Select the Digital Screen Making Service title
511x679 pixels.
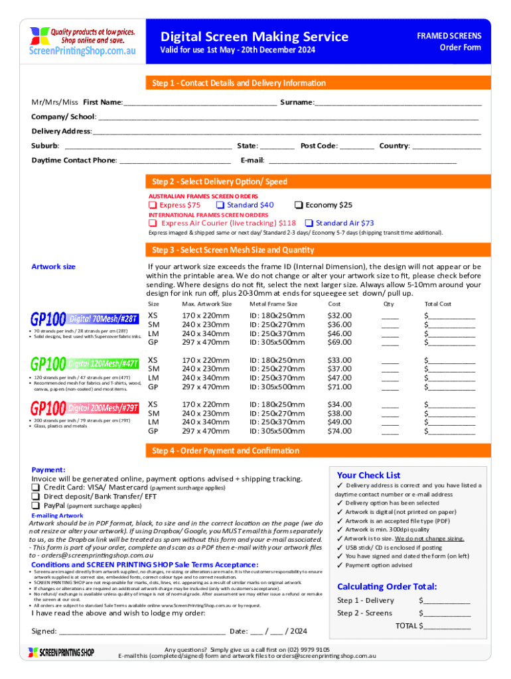[x=254, y=36]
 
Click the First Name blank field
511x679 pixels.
[x=200, y=103]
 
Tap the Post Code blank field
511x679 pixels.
[x=357, y=146]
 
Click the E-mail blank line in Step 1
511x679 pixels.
[x=362, y=160]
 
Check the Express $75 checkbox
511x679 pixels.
[x=152, y=206]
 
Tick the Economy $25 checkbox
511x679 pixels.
[x=299, y=206]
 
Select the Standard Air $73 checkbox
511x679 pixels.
[x=309, y=223]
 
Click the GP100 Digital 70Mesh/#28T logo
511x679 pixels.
[x=86, y=319]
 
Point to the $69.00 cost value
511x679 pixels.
[x=340, y=342]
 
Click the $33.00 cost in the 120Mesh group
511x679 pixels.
[x=340, y=360]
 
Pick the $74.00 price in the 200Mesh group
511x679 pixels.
[x=340, y=431]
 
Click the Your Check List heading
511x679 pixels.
[x=368, y=475]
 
